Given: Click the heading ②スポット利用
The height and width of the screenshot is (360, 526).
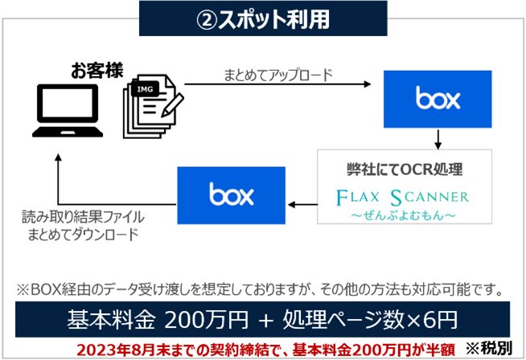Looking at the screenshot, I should click(x=263, y=18).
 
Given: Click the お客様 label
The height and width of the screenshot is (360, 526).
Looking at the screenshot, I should click(x=97, y=70).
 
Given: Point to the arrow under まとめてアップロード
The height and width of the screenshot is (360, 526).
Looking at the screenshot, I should click(x=277, y=84).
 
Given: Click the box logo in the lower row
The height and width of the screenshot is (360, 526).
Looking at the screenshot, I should click(x=232, y=194).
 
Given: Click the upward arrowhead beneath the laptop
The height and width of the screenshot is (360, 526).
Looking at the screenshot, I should click(x=57, y=161).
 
